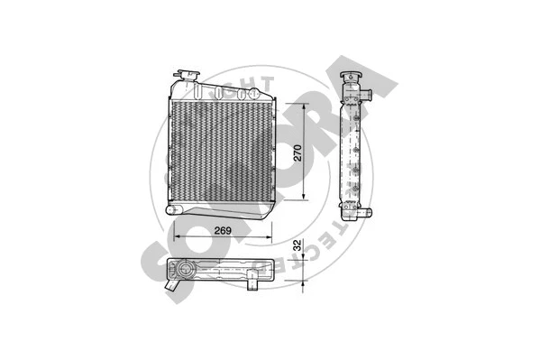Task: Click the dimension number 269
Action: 224,231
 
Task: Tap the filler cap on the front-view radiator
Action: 190,71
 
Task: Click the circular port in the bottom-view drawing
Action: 187,271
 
